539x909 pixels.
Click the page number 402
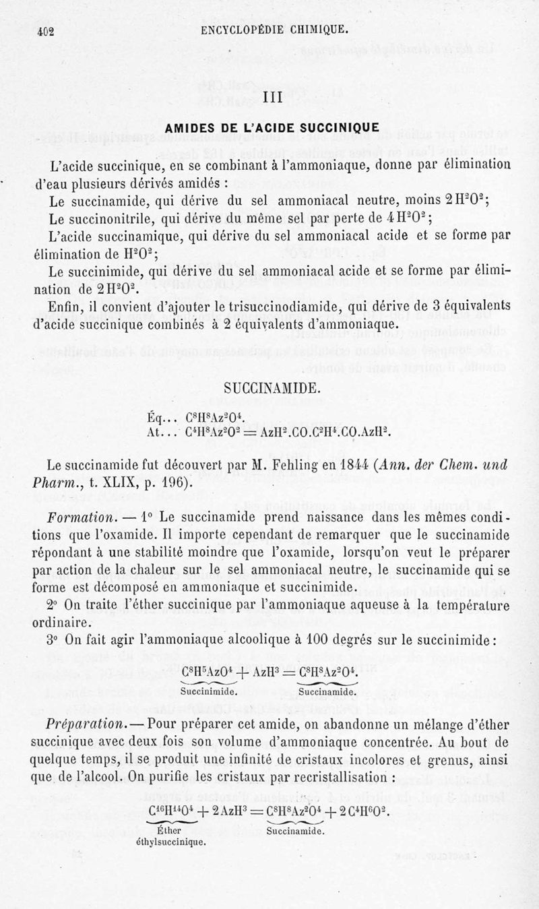click(x=45, y=30)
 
